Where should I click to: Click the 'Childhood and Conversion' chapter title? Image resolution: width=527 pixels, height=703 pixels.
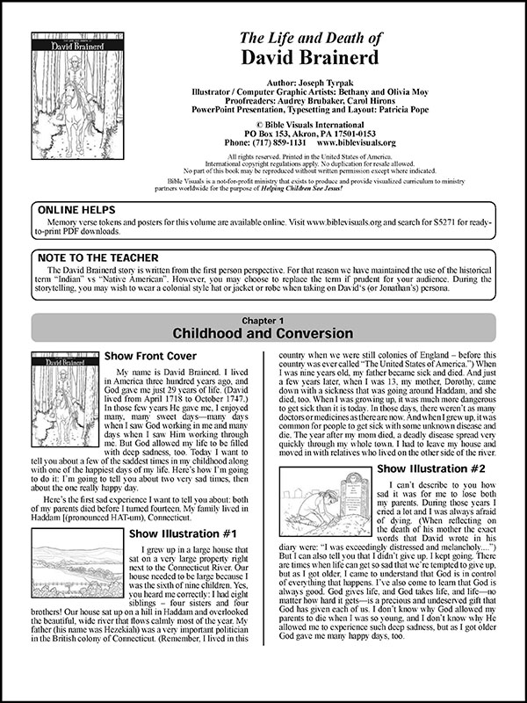[263, 336]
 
